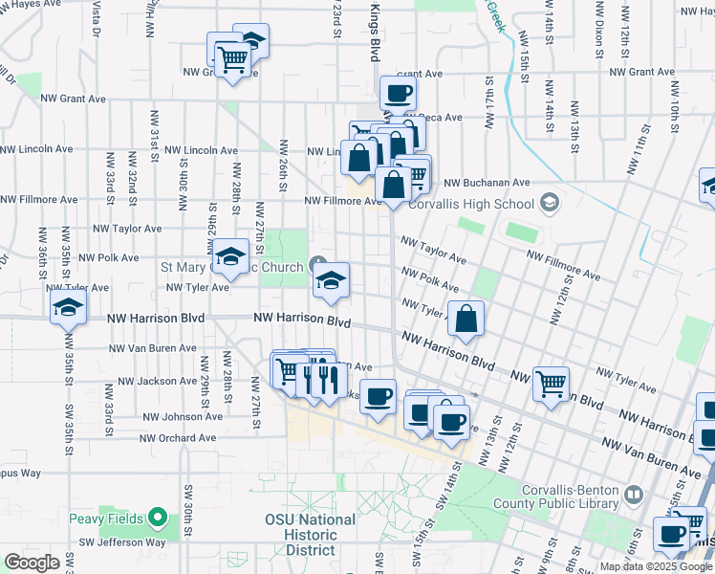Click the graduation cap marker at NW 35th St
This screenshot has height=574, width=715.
(69, 308)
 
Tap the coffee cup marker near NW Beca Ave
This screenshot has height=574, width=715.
(398, 94)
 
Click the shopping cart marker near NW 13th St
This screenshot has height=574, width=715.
(552, 385)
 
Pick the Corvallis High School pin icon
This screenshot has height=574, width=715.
(549, 202)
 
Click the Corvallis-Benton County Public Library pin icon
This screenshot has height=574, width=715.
(633, 495)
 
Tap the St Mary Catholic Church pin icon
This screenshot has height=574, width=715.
(319, 266)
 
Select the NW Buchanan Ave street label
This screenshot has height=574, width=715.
(487, 182)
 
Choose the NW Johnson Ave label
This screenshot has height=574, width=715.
(183, 416)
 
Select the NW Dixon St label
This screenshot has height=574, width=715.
(599, 30)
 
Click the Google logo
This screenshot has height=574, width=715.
(32, 562)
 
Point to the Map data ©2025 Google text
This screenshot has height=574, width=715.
(656, 566)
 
